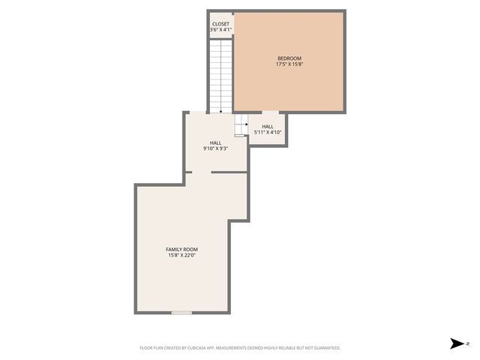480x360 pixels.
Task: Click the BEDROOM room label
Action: (289, 58)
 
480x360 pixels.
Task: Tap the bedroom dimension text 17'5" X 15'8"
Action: (289, 64)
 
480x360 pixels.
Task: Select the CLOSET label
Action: (220, 24)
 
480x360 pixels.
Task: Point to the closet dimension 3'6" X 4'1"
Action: (220, 30)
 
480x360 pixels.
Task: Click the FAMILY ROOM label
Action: (181, 249)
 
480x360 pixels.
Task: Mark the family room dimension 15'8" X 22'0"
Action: (181, 256)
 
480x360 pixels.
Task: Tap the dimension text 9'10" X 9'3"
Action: (215, 148)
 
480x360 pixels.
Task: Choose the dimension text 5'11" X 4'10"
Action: (267, 133)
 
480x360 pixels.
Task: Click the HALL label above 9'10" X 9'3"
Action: (215, 142)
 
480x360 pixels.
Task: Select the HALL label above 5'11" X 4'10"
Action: (267, 127)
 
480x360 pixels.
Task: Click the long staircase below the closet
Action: (220, 75)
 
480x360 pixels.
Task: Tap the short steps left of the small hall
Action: (241, 125)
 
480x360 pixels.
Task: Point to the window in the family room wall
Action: (181, 312)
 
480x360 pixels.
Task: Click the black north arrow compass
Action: (456, 344)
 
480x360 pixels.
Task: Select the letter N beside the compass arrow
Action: (467, 344)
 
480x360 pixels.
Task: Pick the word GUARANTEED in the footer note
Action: (326, 348)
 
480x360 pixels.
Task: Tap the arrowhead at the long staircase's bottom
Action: (220, 111)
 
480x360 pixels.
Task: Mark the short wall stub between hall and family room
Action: (188, 172)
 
